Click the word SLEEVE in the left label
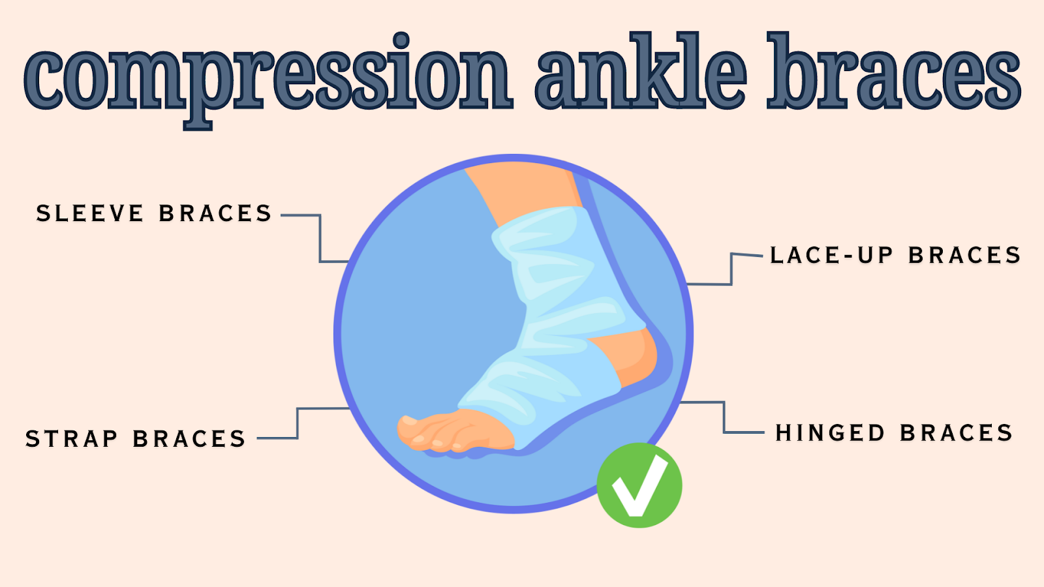90,213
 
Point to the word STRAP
72,439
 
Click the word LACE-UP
831,255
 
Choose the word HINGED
830,433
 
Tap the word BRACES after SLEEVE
215,213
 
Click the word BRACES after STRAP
189,439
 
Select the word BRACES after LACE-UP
964,255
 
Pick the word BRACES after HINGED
957,433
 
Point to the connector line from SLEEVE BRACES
320,239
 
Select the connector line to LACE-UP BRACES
731,269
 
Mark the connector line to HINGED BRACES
724,417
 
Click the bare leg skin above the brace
522,189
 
